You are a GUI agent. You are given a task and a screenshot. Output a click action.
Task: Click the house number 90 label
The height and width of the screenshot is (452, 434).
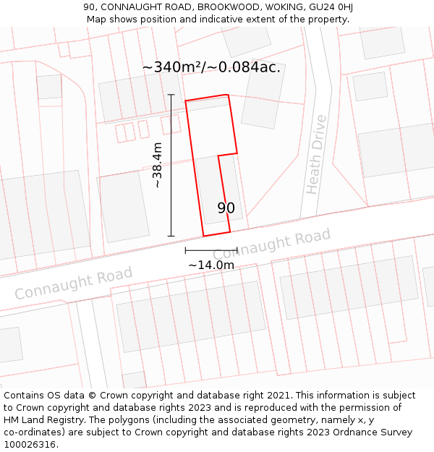pos(226,208)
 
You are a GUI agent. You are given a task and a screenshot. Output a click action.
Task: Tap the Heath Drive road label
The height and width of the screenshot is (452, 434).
pos(315,154)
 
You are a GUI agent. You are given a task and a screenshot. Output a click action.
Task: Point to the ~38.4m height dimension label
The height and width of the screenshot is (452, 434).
pos(157,166)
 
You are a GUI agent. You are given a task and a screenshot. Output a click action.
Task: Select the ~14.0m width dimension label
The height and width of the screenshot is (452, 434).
pos(211,265)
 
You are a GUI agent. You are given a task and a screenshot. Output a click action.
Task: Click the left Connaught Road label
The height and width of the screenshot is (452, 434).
pos(74,283)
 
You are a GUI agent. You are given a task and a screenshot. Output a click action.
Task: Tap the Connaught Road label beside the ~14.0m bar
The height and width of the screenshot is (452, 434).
pos(272,244)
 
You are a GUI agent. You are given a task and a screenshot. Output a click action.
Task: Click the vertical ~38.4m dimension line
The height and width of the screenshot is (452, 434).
pos(171,166)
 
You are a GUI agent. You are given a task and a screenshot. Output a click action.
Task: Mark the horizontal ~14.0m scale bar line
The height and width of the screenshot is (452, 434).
pos(211,250)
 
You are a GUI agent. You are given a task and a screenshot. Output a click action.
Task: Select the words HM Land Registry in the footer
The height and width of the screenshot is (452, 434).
pos(38,420)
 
